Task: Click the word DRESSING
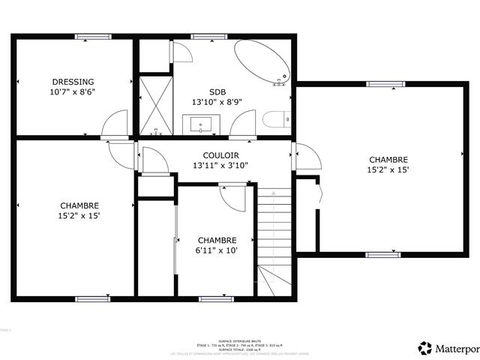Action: [73, 82]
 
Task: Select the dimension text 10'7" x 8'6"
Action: [73, 92]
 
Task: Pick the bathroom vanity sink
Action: [201, 123]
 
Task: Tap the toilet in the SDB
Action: [274, 120]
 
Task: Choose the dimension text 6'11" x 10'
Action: [217, 250]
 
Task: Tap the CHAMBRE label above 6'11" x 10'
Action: [217, 240]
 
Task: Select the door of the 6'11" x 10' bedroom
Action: [234, 196]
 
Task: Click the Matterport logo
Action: [447, 347]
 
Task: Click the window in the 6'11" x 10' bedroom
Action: [211, 299]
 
